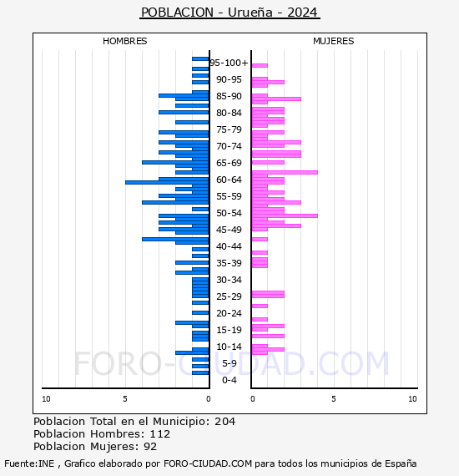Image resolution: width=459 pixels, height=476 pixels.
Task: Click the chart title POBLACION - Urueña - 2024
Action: (x=229, y=13)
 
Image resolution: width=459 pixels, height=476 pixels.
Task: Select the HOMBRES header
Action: (x=124, y=41)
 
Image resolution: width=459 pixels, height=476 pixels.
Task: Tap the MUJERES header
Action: (x=334, y=41)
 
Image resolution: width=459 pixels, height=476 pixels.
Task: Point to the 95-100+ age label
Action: (x=229, y=63)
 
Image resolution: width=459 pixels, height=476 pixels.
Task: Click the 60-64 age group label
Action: (x=229, y=180)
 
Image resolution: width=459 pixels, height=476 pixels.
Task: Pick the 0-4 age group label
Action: (x=229, y=380)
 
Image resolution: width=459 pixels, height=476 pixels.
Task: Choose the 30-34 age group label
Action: (x=229, y=280)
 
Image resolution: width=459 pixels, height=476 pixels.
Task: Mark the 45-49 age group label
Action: (x=229, y=230)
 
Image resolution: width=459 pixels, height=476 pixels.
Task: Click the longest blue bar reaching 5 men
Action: (x=167, y=182)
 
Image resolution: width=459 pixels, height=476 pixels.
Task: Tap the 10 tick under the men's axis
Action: (x=46, y=399)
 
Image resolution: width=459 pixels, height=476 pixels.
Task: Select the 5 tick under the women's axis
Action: (x=334, y=399)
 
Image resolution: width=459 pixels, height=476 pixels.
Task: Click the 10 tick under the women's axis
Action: (x=412, y=399)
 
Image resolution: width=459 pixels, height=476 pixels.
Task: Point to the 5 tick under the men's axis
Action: (x=125, y=399)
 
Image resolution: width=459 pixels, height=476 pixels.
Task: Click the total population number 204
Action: (x=224, y=422)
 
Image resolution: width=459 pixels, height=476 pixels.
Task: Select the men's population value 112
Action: (x=160, y=433)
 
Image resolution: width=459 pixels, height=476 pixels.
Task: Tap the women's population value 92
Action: (x=150, y=447)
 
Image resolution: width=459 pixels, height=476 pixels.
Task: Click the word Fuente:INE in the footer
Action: (x=29, y=463)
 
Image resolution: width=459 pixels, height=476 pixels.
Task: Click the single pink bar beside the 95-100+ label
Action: (x=260, y=66)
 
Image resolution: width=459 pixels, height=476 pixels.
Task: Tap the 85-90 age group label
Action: (x=229, y=96)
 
